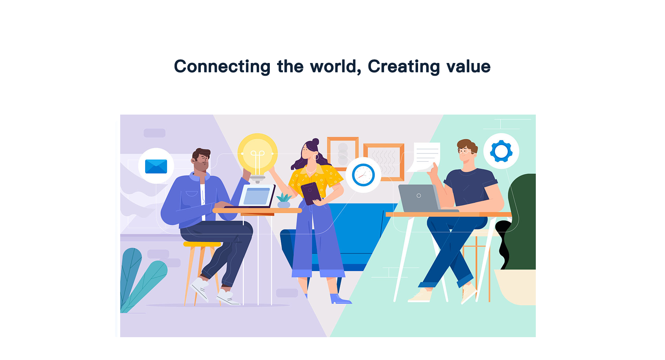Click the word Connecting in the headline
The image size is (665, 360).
[x=222, y=67]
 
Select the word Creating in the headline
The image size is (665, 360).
[x=404, y=67]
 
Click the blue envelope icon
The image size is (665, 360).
[x=156, y=166]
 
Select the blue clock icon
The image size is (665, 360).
[x=363, y=175]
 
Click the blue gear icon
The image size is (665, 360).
[x=501, y=151]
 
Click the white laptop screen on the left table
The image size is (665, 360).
[x=257, y=196]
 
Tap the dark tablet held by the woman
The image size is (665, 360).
[x=311, y=193]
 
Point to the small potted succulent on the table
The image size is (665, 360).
[x=284, y=201]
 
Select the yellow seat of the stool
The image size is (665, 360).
[x=202, y=244]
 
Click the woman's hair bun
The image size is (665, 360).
[x=316, y=142]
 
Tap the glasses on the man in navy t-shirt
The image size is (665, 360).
[x=464, y=151]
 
